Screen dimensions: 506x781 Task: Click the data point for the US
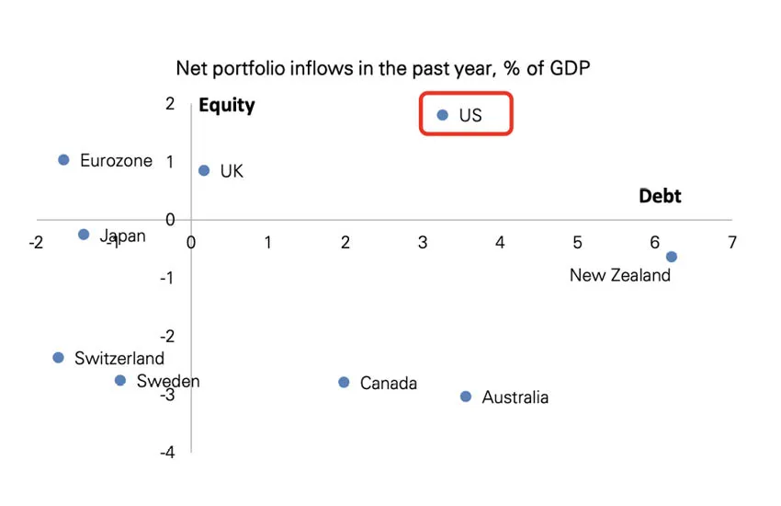point(442,115)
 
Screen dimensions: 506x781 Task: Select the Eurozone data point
point(63,160)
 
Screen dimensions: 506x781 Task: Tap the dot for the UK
point(204,170)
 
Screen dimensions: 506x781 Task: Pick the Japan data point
point(84,235)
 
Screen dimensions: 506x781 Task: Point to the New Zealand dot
point(672,257)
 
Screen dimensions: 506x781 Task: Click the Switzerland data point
point(58,358)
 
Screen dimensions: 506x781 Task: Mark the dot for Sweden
point(120,380)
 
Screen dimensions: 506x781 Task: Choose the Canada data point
point(344,382)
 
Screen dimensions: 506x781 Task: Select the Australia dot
point(466,397)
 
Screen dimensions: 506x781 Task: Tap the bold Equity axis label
point(227,105)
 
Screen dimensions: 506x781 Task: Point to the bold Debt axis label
point(660,196)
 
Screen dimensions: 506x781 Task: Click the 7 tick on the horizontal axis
point(731,243)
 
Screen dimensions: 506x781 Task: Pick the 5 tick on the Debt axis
point(577,243)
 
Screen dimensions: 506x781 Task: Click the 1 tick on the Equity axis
point(169,162)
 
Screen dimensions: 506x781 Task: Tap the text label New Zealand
point(620,275)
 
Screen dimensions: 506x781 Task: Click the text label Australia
point(515,397)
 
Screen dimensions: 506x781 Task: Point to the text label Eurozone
point(116,160)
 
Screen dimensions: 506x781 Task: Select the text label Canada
point(388,383)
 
